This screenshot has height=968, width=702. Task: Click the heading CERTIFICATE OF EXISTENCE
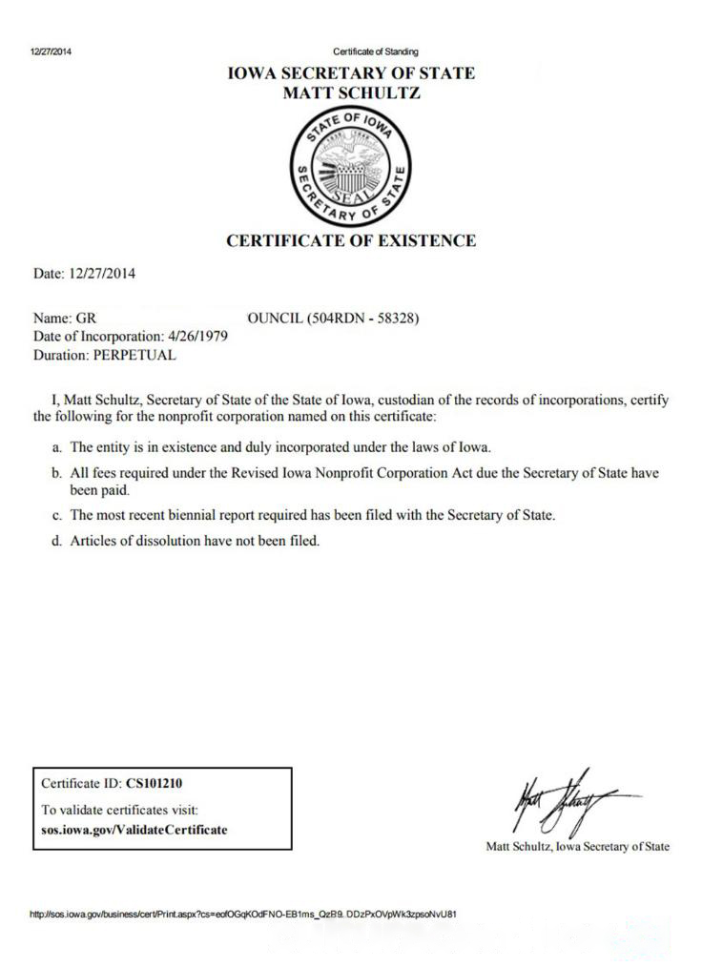point(350,241)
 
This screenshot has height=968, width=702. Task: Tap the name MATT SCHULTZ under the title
point(351,93)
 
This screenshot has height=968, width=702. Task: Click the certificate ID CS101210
point(161,784)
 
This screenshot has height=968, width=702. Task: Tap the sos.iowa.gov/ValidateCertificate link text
point(134,829)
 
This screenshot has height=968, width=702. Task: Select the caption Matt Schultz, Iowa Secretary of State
point(577,846)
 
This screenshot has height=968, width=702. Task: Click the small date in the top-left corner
point(51,51)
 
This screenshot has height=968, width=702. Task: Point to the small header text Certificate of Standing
point(375,51)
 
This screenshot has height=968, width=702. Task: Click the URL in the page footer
point(244,913)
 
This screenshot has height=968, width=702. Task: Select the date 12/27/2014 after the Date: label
point(100,274)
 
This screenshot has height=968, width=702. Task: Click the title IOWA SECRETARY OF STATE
point(350,74)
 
